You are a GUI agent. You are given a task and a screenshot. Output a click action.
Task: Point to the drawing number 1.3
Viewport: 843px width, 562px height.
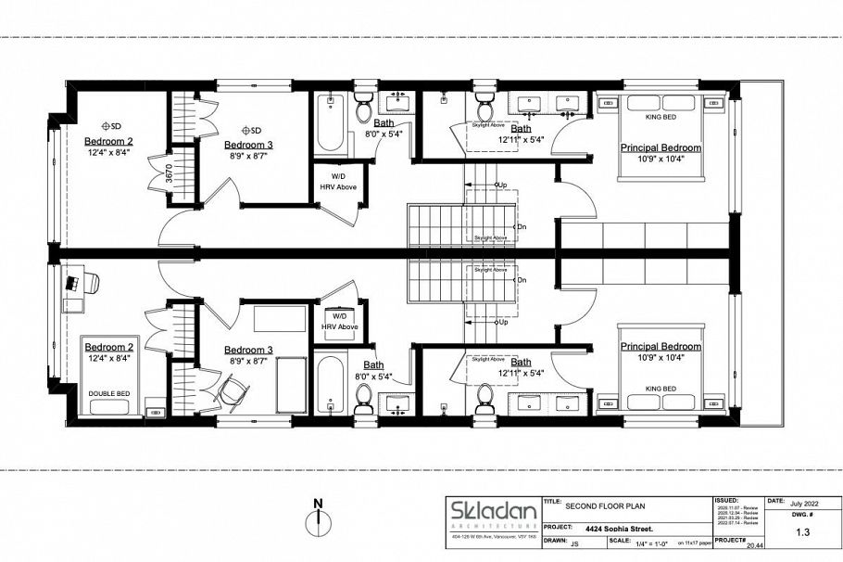(805, 532)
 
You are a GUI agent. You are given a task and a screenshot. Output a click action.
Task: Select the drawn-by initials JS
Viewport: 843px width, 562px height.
(575, 540)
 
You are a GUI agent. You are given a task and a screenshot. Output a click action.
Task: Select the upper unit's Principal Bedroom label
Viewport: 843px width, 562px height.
(661, 148)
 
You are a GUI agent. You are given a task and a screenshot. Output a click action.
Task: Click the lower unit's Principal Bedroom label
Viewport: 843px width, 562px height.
(661, 346)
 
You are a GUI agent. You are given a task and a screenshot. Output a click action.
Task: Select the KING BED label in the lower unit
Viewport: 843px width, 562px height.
(661, 388)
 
